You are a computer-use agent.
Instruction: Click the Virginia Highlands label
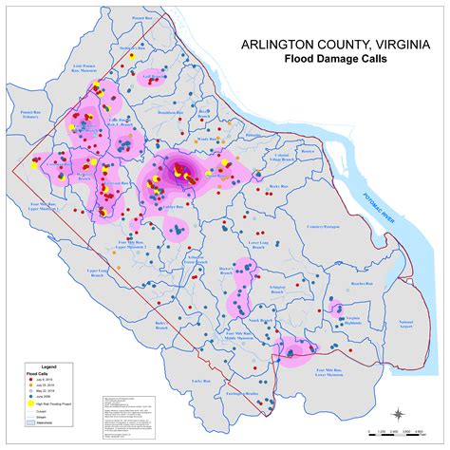click(353, 318)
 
